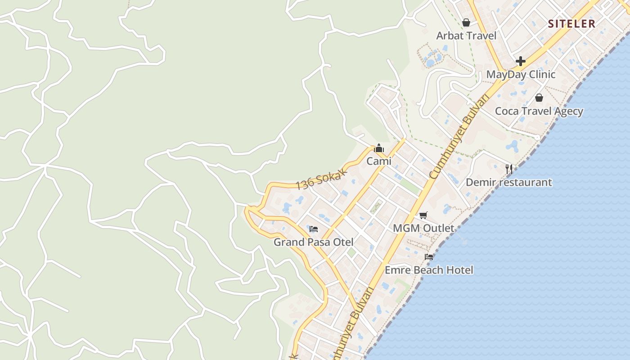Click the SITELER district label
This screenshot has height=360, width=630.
[x=571, y=24]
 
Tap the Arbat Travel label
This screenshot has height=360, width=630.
[x=466, y=36]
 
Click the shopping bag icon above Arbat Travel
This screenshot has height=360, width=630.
[x=466, y=22]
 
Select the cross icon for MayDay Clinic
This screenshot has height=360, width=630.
[x=521, y=61]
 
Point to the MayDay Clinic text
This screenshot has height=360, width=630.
[x=521, y=74]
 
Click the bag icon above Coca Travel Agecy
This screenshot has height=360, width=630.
[x=539, y=97]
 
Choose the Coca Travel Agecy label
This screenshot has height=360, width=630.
[x=539, y=111]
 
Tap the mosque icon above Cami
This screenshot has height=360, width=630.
[x=379, y=148]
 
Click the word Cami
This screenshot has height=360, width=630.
[x=379, y=161]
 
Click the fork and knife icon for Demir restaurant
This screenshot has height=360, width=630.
[x=508, y=169]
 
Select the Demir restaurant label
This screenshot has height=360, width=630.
[x=508, y=182]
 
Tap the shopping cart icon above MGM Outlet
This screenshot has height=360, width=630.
[x=423, y=215]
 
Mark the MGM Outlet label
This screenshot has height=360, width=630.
[x=423, y=228]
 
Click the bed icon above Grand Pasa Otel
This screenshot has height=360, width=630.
[x=314, y=229]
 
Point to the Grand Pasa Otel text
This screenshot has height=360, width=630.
[x=314, y=242]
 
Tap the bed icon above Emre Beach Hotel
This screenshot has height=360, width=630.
[x=429, y=257]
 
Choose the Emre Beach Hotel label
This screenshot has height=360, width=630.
[x=429, y=270]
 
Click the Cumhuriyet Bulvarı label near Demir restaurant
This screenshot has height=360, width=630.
[x=459, y=137]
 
